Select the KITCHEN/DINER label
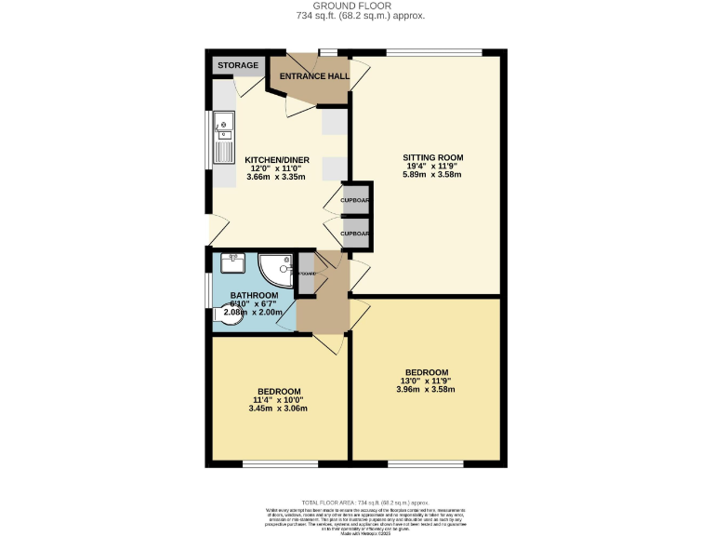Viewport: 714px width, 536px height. click(277, 160)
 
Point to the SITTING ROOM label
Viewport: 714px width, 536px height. click(432, 157)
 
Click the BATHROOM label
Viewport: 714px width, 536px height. click(254, 295)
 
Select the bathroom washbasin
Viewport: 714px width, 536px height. click(231, 263)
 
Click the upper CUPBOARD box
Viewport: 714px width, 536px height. click(355, 200)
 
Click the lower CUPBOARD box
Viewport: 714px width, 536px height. click(355, 234)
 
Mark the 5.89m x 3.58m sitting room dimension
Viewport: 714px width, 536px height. click(432, 174)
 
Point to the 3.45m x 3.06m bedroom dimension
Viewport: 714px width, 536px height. click(279, 408)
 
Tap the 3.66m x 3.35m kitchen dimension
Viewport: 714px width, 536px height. click(277, 177)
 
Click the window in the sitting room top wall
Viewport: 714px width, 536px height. click(434, 52)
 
